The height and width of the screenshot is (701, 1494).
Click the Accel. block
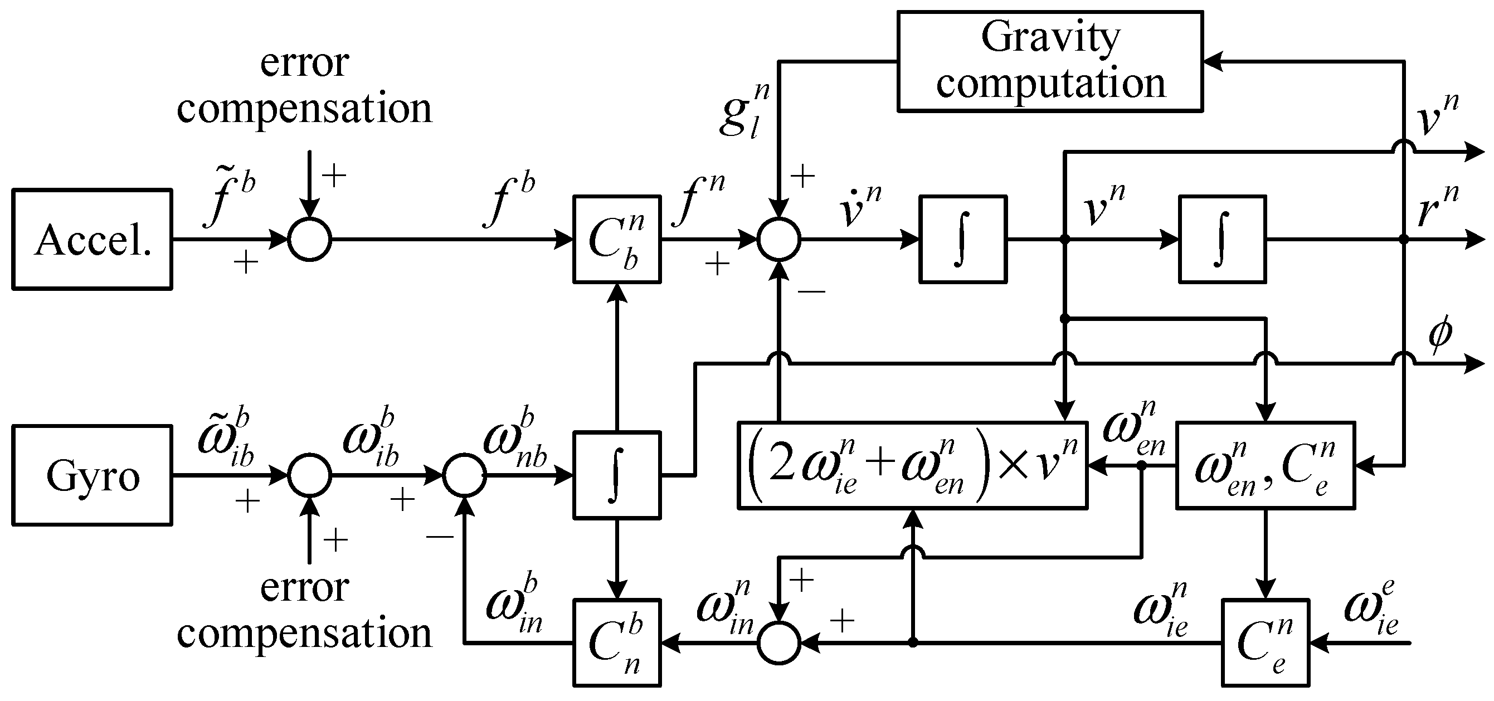(x=92, y=239)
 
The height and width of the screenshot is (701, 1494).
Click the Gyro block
(x=92, y=475)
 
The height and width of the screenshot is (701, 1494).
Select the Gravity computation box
(x=1050, y=61)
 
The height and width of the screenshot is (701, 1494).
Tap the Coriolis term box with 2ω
(x=912, y=466)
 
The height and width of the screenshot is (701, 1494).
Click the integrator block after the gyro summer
(x=616, y=475)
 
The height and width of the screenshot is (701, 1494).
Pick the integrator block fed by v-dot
(x=963, y=239)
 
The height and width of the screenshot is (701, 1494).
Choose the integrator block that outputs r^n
(x=1222, y=239)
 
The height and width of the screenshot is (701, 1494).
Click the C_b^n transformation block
(x=616, y=239)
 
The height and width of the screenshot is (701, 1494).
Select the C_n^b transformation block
(x=616, y=642)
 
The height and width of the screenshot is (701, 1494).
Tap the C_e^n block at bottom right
(x=1266, y=642)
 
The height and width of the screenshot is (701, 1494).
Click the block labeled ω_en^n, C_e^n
(x=1265, y=466)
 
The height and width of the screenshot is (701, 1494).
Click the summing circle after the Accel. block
(x=310, y=239)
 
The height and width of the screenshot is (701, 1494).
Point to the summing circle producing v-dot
(x=779, y=239)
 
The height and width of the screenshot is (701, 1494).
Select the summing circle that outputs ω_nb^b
(x=464, y=475)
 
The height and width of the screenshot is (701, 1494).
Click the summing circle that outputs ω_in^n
(x=779, y=642)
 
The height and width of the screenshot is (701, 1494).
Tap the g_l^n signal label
(x=744, y=110)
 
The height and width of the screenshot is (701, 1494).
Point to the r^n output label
(x=1437, y=207)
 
